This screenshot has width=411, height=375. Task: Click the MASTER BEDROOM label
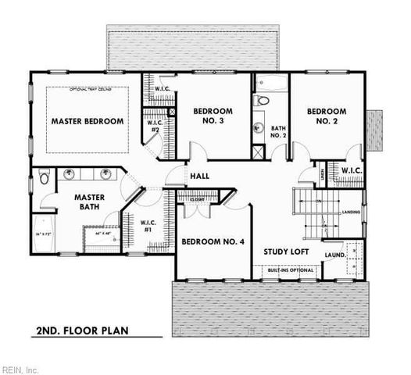point(88,122)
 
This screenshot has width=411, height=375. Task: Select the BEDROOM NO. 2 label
point(326,116)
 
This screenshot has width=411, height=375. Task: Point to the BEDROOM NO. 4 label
point(213,242)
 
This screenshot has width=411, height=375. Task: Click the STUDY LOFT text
point(285,252)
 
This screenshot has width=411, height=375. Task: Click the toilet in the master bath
point(45,177)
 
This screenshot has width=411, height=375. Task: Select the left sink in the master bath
point(70,173)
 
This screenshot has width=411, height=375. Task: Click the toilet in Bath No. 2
point(263,100)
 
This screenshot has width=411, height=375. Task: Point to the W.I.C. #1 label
point(149,228)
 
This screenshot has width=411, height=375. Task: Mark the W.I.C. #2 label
point(155,127)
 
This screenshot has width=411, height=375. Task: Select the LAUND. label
point(336,254)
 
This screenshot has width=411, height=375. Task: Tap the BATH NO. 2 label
point(279,132)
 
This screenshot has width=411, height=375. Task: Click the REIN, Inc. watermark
point(20,369)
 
